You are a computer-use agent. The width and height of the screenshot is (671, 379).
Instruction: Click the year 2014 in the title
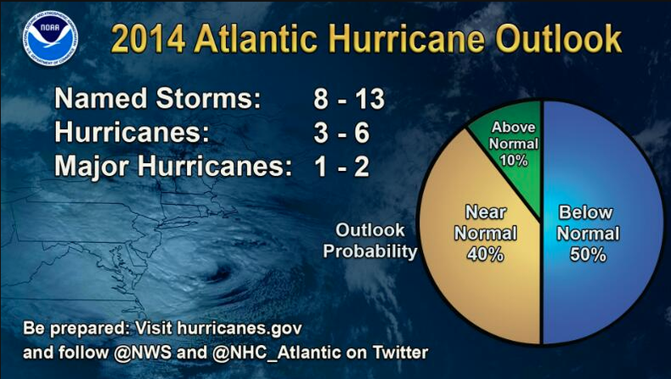146,40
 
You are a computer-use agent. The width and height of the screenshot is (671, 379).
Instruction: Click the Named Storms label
157,99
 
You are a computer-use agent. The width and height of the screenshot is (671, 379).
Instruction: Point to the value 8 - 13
348,99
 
